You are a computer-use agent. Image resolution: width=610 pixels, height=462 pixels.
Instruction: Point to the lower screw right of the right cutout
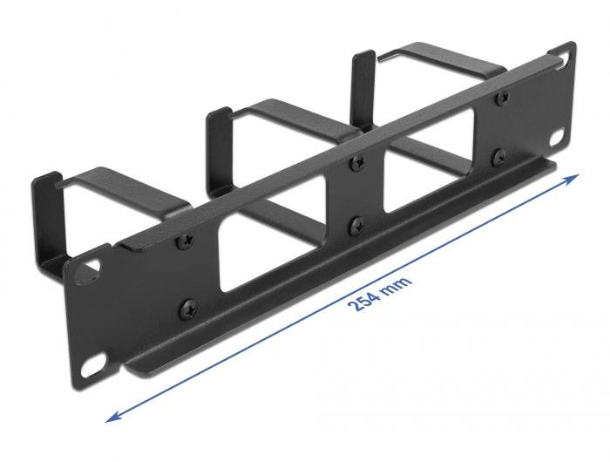click(499, 157)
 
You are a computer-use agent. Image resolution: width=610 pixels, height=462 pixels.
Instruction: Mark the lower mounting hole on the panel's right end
click(557, 138)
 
